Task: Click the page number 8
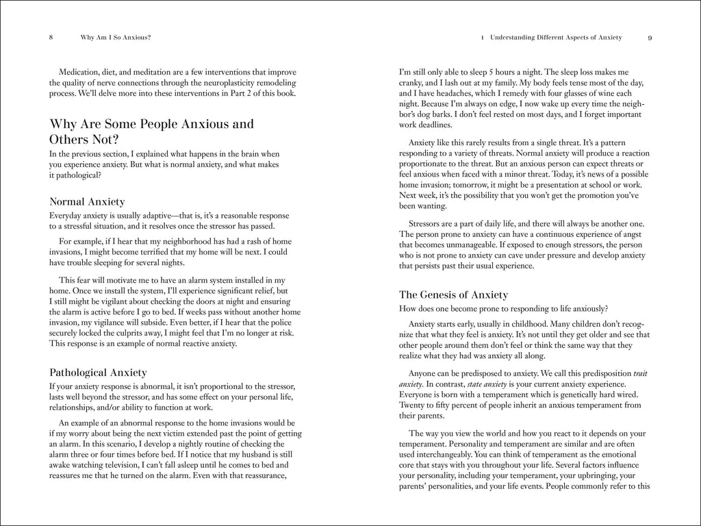click(x=51, y=38)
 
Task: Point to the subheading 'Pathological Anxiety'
click(x=99, y=373)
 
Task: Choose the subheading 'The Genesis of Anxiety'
click(x=453, y=295)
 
